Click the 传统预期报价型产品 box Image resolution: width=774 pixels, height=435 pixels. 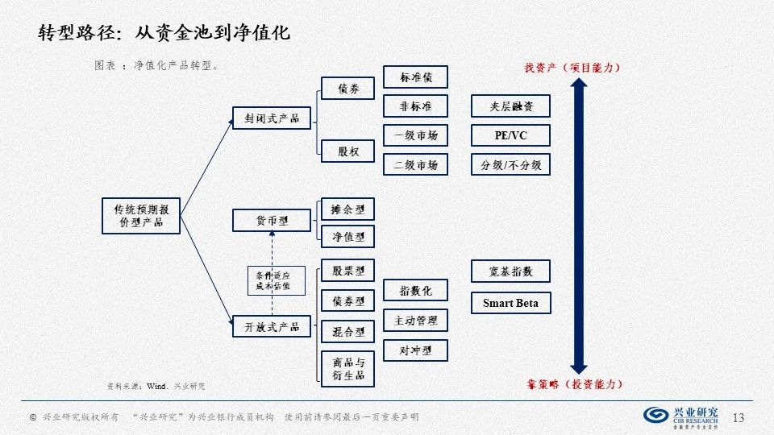141,214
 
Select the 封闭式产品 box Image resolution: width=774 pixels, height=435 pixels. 272,118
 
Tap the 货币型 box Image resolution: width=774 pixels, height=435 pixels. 272,220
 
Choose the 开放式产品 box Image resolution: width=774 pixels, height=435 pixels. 272,326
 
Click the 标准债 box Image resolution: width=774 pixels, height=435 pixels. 416,77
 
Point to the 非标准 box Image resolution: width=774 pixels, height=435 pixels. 416,106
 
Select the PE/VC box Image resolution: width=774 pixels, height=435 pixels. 510,135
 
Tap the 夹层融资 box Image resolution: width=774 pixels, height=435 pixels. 510,106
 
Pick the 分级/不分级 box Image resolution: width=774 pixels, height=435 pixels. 510,165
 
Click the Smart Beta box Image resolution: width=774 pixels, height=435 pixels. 510,303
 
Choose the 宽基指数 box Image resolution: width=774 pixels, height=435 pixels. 510,271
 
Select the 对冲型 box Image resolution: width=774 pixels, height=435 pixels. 416,350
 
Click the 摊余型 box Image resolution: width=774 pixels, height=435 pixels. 348,209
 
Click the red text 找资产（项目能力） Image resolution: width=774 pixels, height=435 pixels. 572,67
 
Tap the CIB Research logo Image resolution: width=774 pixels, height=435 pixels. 681,415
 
